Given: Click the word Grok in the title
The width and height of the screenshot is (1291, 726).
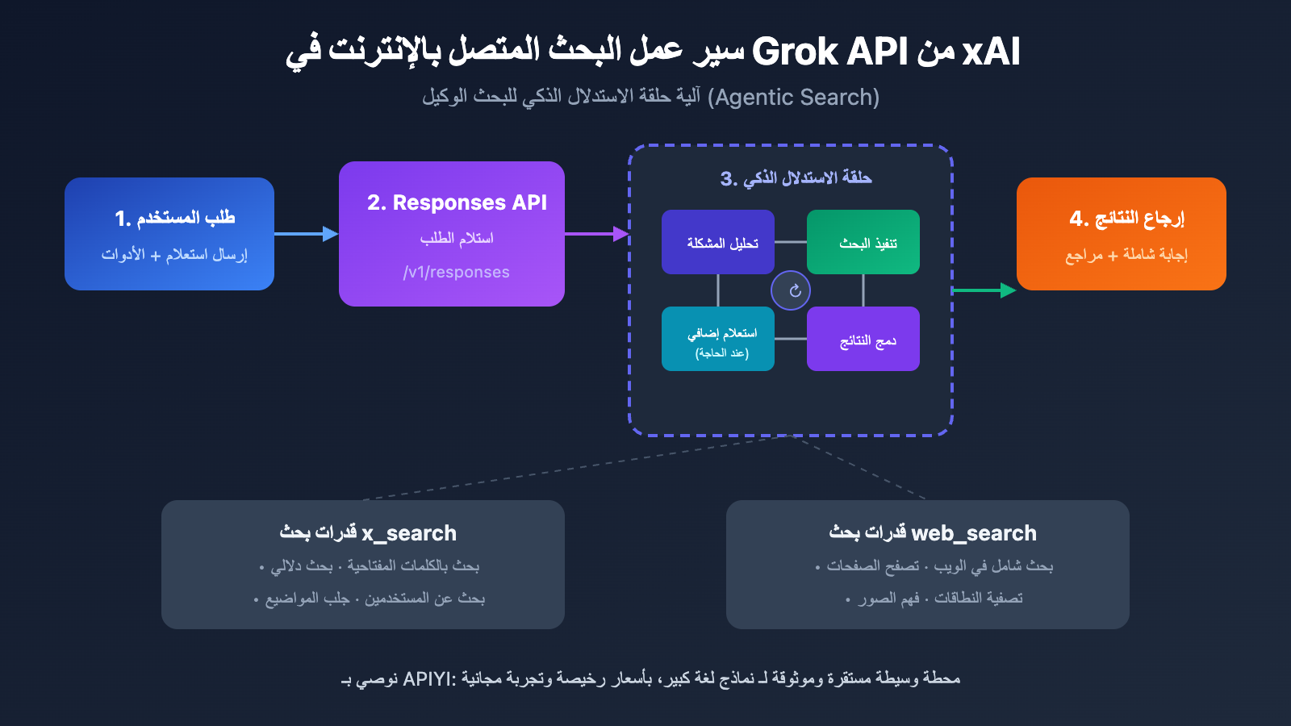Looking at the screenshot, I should pyautogui.click(x=795, y=52).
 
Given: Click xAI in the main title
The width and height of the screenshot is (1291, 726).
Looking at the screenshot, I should pyautogui.click(x=992, y=52).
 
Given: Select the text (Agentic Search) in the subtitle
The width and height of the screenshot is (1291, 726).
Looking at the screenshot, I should pyautogui.click(x=793, y=98).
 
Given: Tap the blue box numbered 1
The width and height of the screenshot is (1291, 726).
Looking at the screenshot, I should pyautogui.click(x=169, y=234).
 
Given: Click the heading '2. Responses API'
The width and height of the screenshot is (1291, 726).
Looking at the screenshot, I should pyautogui.click(x=457, y=202).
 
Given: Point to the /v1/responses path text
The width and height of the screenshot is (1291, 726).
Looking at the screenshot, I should pyautogui.click(x=456, y=273).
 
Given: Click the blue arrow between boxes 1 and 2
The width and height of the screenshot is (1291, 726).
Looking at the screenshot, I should pyautogui.click(x=306, y=234).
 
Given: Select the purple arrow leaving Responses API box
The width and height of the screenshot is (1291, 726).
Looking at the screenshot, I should pyautogui.click(x=595, y=234).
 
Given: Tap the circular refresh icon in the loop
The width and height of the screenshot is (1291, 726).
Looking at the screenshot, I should pyautogui.click(x=791, y=290).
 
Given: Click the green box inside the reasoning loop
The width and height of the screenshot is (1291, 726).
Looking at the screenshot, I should pyautogui.click(x=863, y=242).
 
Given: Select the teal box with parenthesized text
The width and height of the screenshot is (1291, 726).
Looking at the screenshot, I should pyautogui.click(x=718, y=339).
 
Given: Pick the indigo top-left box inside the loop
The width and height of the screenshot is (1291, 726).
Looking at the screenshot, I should pyautogui.click(x=718, y=242).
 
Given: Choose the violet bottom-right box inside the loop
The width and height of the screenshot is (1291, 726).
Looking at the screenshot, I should pyautogui.click(x=863, y=339).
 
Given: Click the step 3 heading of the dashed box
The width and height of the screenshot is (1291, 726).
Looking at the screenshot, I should pyautogui.click(x=796, y=178).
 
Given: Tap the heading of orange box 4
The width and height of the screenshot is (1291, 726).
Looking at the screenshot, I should pyautogui.click(x=1126, y=218).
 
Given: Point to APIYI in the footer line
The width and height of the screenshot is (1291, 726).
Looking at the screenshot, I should pyautogui.click(x=428, y=679).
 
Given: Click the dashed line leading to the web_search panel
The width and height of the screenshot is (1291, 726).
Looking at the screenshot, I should pyautogui.click(x=863, y=469).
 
